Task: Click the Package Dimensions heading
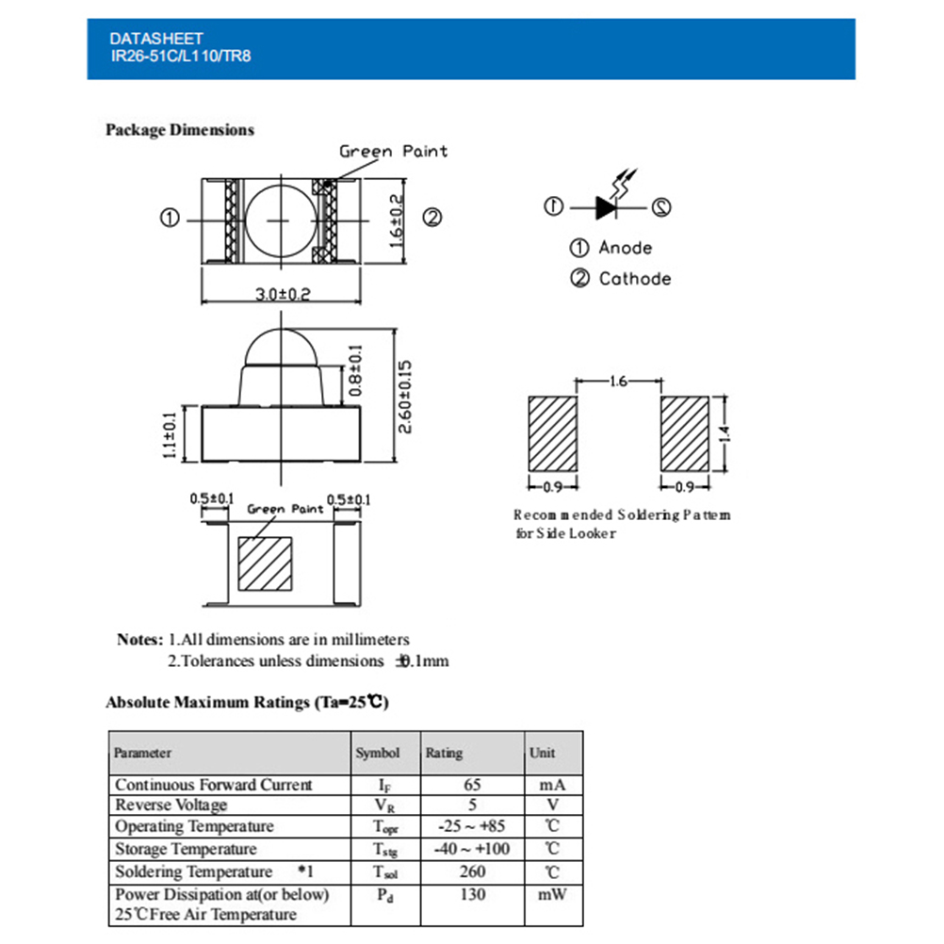[x=180, y=130]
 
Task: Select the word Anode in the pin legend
[x=626, y=248]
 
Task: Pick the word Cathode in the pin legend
[x=635, y=279]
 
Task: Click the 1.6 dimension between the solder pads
[x=619, y=382]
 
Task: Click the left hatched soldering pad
[x=551, y=434]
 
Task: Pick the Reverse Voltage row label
[x=171, y=805]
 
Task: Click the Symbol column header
[x=378, y=753]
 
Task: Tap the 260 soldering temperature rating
[x=472, y=871]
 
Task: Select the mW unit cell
[x=552, y=893]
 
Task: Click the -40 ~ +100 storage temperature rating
[x=472, y=850]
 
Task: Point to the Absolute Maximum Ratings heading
[x=247, y=702]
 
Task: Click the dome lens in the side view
[x=282, y=348]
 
